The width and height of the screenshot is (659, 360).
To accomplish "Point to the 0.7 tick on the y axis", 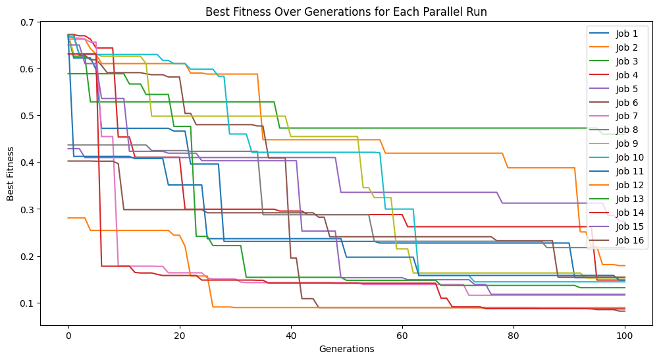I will [x=26, y=23].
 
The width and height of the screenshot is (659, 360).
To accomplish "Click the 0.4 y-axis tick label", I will [x=26, y=163].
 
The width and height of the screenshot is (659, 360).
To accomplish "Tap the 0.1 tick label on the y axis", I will [x=26, y=303].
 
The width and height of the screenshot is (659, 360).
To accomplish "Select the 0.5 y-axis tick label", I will [x=26, y=116].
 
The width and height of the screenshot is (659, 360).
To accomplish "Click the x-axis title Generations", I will [x=346, y=348].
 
